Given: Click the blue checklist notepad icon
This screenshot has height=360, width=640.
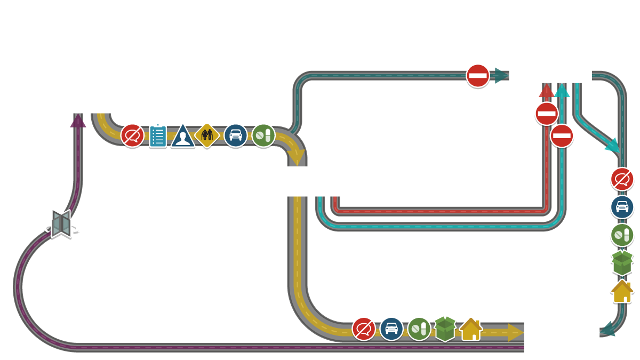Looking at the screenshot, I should coord(158,136).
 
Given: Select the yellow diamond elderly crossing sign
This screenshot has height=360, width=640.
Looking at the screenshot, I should coord(207,135).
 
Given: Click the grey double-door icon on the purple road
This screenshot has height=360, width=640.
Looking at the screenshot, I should coord(61,223).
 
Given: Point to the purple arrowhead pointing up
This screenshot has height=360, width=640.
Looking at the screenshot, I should coord(78,121).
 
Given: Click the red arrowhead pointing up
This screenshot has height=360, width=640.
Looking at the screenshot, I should coord(546,91).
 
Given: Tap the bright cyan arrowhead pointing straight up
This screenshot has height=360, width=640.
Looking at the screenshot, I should coord(562,91).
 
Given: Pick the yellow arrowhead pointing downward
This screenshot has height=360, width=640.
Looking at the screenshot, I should coord(296,157).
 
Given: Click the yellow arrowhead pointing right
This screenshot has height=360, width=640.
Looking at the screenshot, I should coord(515,332).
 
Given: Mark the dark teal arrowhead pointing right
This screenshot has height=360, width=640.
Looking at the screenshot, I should coord(501,76).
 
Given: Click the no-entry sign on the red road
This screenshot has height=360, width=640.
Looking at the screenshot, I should coord(547,114).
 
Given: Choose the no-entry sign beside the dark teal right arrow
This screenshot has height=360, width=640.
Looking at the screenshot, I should coord(478,76).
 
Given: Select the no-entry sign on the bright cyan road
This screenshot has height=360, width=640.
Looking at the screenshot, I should coord(562,136).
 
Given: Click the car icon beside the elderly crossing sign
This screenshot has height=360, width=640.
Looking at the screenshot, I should coord(235,135).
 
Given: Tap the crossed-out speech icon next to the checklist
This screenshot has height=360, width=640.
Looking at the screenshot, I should coord(132,135).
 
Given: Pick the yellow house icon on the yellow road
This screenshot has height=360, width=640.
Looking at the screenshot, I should coord(471,329).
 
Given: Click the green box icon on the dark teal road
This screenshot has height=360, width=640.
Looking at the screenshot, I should coord(622,262).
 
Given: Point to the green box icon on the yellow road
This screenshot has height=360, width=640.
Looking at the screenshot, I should coord(445,329).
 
